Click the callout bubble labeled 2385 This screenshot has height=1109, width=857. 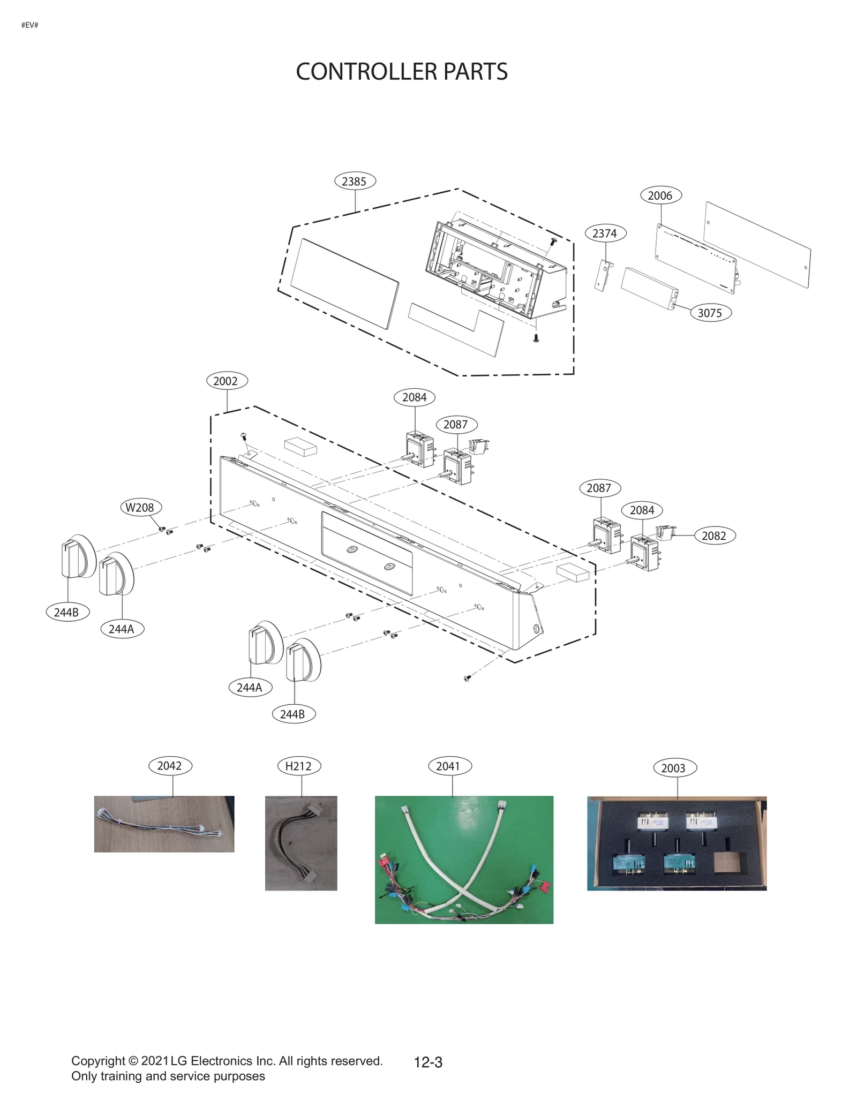coord(355,181)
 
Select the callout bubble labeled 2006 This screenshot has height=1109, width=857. coord(660,195)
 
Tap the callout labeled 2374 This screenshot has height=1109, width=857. coord(605,233)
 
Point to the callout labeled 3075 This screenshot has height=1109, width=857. coord(710,313)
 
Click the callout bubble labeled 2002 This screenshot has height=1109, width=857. coord(227,381)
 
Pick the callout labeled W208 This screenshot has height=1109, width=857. coord(140,507)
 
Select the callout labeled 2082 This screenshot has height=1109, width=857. coord(715,535)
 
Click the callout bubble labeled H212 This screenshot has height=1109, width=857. coord(299,766)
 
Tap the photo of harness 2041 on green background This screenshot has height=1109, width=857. coord(464,859)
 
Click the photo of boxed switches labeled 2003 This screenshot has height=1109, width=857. coord(676,843)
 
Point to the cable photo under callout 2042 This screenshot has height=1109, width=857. coord(164,824)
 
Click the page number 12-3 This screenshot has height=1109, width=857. coord(428,1062)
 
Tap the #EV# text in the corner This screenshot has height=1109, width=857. coord(29,25)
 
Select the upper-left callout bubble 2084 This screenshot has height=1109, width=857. coord(414,397)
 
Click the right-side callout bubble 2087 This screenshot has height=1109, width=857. coord(599,488)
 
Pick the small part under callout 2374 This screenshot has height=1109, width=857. coord(604,275)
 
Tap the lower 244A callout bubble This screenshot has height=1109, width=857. coord(250,687)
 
